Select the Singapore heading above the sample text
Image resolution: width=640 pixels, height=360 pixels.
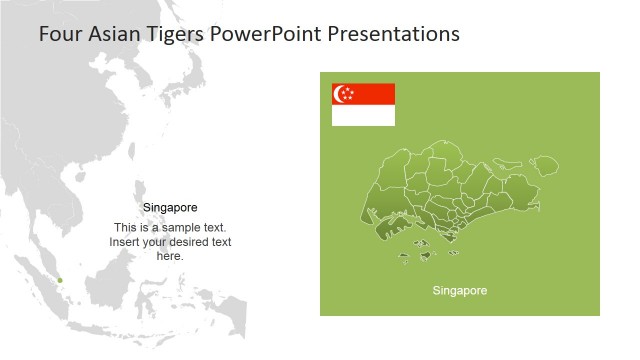[x=170, y=208]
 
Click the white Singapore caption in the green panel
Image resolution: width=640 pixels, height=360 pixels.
[x=459, y=291]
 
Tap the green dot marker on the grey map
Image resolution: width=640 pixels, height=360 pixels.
[x=60, y=280]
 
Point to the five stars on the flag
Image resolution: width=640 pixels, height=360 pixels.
[x=350, y=94]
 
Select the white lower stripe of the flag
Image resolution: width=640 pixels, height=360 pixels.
[x=363, y=116]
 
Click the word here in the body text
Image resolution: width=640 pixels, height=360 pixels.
[x=170, y=256]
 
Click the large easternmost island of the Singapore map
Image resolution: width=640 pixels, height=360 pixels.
[x=544, y=164]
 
